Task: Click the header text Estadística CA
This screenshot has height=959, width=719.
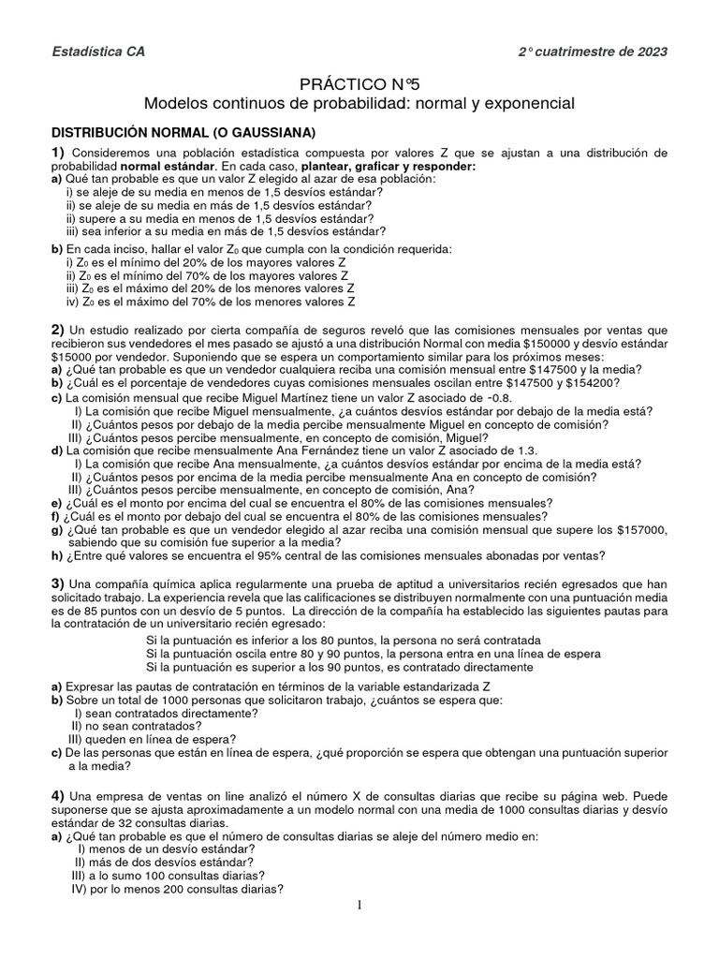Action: point(97,52)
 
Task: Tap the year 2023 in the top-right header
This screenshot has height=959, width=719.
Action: point(650,52)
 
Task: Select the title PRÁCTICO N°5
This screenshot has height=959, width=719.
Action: point(359,82)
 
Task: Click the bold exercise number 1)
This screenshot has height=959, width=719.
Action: point(57,153)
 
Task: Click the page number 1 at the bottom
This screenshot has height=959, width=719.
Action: point(358,905)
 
